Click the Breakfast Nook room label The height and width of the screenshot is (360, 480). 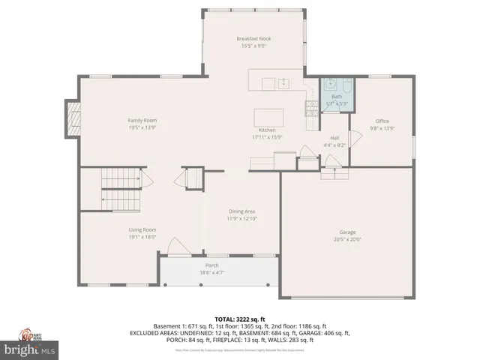point(253,38)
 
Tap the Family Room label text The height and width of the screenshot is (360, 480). point(142,120)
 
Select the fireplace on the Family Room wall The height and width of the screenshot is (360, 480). point(73,119)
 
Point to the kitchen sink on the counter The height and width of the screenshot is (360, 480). point(284,83)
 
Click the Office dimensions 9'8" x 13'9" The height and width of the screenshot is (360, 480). point(382,128)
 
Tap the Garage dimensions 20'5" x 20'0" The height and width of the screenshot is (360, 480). point(346,239)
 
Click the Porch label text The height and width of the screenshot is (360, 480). point(212,265)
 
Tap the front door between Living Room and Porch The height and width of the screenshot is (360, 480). point(178,247)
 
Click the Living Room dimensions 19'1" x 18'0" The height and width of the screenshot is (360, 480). point(142,236)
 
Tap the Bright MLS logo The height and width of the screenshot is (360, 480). point(29,349)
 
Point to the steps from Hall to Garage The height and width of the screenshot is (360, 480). point(334,173)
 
